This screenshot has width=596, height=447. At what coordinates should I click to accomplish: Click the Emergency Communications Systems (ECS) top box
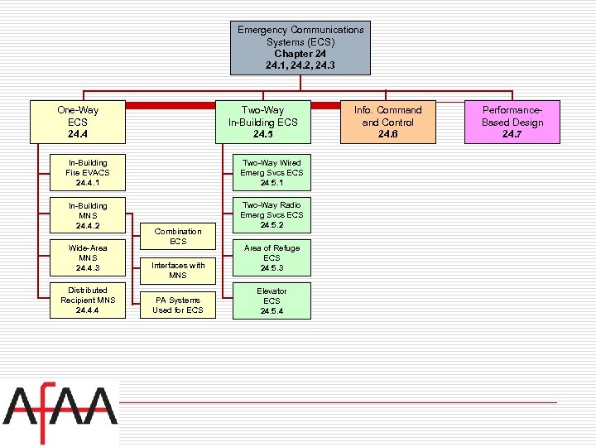[300, 47]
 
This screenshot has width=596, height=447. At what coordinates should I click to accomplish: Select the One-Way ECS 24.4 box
[78, 122]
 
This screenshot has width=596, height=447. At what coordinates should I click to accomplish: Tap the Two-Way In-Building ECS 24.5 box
[262, 122]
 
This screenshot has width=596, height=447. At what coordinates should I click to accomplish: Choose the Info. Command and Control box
[387, 122]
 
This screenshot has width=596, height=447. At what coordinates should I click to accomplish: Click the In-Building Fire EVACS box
[88, 172]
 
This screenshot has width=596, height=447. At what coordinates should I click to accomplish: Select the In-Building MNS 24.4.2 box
[88, 215]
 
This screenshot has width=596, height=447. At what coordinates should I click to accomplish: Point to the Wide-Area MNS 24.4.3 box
[88, 257]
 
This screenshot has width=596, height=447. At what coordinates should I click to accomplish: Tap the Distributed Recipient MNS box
[88, 300]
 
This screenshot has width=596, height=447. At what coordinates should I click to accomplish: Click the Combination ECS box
[178, 237]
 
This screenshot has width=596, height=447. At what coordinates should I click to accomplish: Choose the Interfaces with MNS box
[178, 270]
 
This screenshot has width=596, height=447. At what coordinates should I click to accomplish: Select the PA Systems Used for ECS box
[178, 305]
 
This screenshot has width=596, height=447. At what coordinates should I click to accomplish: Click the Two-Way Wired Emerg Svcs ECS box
[272, 172]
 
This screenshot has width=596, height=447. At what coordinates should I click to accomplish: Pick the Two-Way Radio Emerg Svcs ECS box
[272, 215]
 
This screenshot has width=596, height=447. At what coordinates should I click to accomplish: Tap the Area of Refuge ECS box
[272, 257]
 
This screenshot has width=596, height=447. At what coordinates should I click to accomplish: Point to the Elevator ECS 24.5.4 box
[272, 300]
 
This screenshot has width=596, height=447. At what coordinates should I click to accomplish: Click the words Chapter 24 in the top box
[300, 54]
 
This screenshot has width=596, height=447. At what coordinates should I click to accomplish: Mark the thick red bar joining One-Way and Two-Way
[170, 106]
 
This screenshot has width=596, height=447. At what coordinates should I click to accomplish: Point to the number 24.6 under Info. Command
[387, 134]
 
